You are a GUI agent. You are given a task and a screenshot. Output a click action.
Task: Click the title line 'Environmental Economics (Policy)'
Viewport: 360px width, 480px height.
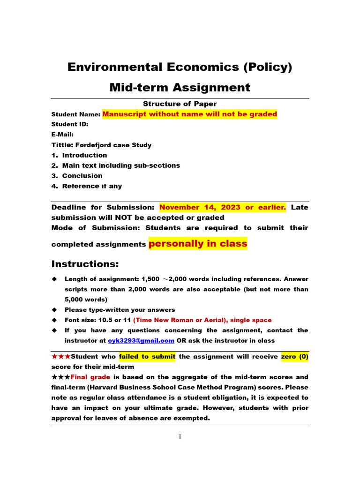(x=180, y=67)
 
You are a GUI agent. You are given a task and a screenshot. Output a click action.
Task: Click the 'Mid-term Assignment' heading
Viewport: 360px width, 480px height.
(x=180, y=87)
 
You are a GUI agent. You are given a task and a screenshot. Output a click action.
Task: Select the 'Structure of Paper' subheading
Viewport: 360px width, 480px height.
(x=180, y=104)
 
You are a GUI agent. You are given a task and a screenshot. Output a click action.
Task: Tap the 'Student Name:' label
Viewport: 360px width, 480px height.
(x=75, y=114)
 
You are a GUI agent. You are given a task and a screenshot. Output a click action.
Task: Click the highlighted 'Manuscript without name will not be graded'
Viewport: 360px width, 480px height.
(x=189, y=114)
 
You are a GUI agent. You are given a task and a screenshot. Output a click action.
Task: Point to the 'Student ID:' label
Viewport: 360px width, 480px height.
(x=70, y=124)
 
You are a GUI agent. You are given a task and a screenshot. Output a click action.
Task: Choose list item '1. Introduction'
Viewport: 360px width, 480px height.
(x=79, y=155)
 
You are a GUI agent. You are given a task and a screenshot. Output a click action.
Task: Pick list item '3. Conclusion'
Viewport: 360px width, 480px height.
(x=77, y=176)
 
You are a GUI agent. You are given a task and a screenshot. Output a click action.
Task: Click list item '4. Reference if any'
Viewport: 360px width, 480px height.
(x=87, y=186)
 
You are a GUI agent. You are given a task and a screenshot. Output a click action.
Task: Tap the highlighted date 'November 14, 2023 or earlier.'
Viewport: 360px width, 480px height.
(x=223, y=207)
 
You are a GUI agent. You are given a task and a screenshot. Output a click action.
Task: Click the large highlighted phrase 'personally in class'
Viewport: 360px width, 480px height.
(x=198, y=243)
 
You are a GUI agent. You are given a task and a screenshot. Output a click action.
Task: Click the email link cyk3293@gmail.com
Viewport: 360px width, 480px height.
(x=141, y=340)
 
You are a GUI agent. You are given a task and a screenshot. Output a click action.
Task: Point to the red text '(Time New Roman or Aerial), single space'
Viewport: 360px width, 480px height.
(x=202, y=320)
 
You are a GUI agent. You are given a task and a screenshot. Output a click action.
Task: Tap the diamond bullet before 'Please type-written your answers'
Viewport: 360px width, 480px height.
(x=54, y=310)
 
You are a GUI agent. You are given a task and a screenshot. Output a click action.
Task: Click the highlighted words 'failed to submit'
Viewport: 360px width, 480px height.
(x=147, y=357)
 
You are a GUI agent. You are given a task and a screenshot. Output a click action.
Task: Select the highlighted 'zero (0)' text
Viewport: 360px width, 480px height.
(x=294, y=357)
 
